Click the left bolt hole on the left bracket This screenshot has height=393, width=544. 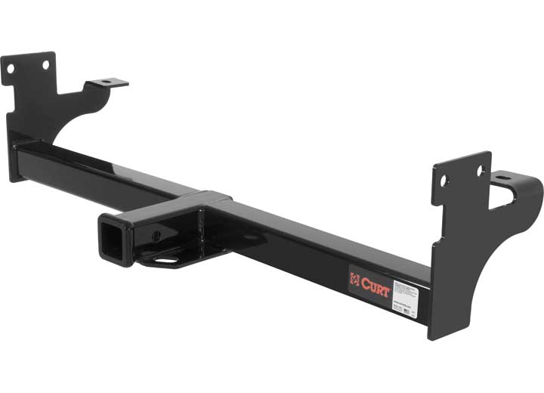click(x=11, y=70)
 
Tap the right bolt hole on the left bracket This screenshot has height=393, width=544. click(x=45, y=66)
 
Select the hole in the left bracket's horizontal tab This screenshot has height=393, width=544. click(x=105, y=82)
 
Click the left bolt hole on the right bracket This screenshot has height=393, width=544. click(x=445, y=181)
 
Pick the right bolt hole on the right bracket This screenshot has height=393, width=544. click(x=480, y=172)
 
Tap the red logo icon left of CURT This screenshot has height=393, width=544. click(x=354, y=280)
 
